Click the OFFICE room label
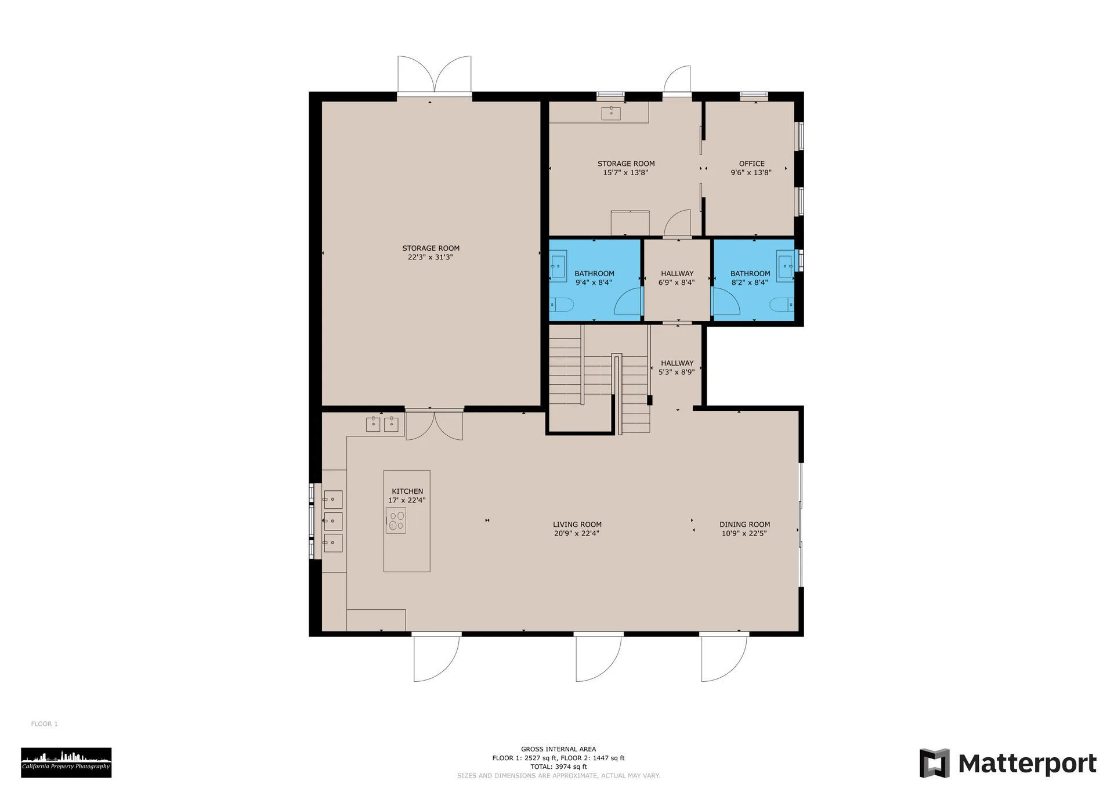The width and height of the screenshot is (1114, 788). pyautogui.click(x=751, y=164)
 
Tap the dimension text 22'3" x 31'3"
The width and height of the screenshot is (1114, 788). pyautogui.click(x=430, y=257)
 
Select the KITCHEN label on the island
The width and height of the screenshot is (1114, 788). pyautogui.click(x=407, y=491)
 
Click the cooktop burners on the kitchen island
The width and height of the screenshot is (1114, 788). pyautogui.click(x=396, y=520)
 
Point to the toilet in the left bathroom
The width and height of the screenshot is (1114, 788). pyautogui.click(x=561, y=305)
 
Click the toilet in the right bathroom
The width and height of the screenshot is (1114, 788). pyautogui.click(x=782, y=305)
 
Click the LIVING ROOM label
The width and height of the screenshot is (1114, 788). pyautogui.click(x=577, y=524)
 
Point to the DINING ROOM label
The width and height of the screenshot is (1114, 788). pyautogui.click(x=744, y=524)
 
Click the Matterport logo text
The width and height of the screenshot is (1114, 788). pyautogui.click(x=1027, y=764)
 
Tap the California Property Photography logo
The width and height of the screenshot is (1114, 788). pyautogui.click(x=66, y=762)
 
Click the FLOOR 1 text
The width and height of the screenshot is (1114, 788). pyautogui.click(x=45, y=724)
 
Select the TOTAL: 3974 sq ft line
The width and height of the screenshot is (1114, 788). pyautogui.click(x=558, y=767)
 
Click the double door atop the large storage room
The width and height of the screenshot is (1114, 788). pyautogui.click(x=434, y=75)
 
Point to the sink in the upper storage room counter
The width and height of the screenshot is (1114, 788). pyautogui.click(x=611, y=113)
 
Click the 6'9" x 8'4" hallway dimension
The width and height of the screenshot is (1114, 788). pyautogui.click(x=677, y=283)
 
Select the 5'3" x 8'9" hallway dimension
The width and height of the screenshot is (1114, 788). pyautogui.click(x=677, y=372)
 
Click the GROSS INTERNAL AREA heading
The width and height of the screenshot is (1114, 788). pyautogui.click(x=558, y=749)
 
